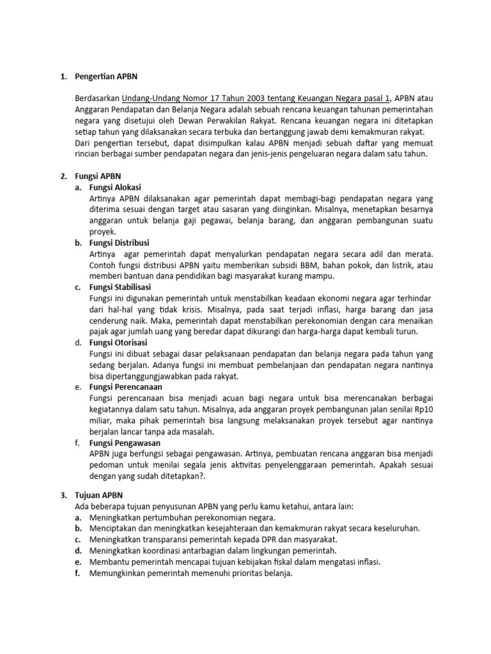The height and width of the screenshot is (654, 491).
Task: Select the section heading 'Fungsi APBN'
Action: click(x=98, y=176)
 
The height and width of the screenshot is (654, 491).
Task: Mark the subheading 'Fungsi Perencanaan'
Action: click(x=126, y=388)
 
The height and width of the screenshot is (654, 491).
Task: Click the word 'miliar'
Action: click(x=102, y=421)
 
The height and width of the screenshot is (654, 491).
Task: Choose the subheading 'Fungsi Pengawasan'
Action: click(x=125, y=443)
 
